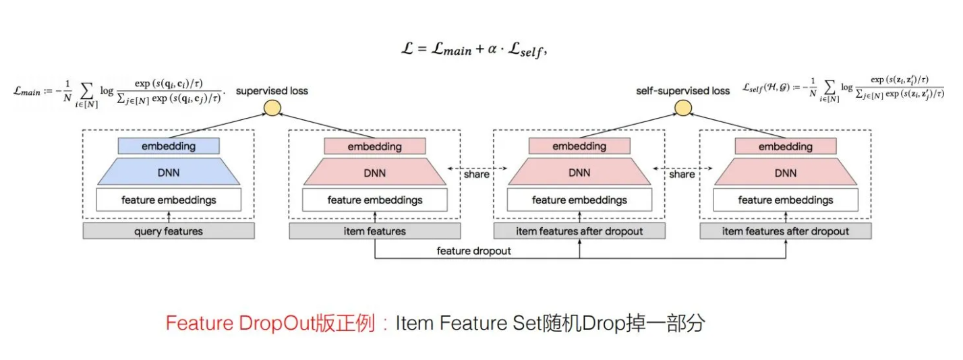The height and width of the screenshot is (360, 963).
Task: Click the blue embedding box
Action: pyautogui.click(x=169, y=146)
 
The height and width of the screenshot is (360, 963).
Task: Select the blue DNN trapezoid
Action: pyautogui.click(x=169, y=173)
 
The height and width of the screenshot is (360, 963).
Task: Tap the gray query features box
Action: pyautogui.click(x=169, y=231)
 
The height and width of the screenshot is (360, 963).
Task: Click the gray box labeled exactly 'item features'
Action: pyautogui.click(x=375, y=231)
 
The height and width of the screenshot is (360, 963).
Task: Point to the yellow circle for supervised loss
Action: pyautogui.click(x=272, y=108)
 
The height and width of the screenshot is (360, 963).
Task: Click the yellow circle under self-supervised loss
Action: pyautogui.click(x=682, y=108)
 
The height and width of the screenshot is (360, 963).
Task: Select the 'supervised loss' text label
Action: pyautogui.click(x=272, y=90)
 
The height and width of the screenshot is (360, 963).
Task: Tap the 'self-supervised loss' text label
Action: pyautogui.click(x=682, y=90)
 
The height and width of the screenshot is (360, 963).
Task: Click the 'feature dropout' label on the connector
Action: pyautogui.click(x=473, y=251)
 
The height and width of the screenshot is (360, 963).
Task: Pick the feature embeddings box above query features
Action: pyautogui.click(x=169, y=200)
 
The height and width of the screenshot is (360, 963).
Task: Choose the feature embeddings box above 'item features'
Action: pyautogui.click(x=375, y=200)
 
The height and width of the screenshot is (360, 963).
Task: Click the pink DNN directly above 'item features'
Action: pyautogui.click(x=375, y=173)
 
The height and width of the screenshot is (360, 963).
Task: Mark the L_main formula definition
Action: pyautogui.click(x=119, y=92)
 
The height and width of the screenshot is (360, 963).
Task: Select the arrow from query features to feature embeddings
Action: pyautogui.click(x=169, y=216)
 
